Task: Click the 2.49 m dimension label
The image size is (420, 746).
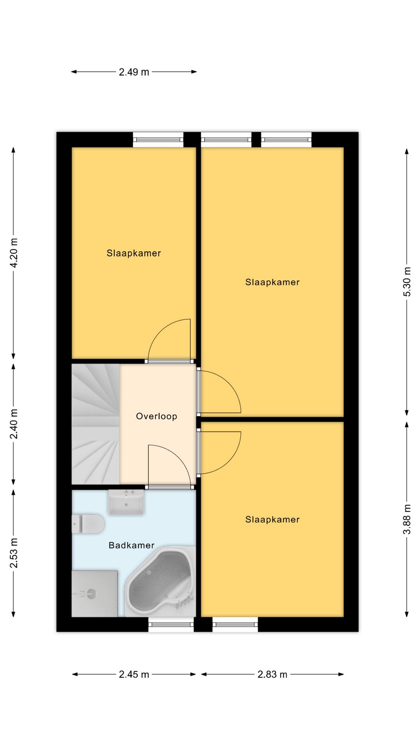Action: pyautogui.click(x=134, y=72)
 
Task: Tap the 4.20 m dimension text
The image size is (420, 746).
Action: pyautogui.click(x=14, y=253)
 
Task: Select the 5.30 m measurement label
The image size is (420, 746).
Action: pyautogui.click(x=407, y=282)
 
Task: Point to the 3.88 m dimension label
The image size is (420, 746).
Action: pyautogui.click(x=407, y=519)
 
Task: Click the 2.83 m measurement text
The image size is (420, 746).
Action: pyautogui.click(x=272, y=674)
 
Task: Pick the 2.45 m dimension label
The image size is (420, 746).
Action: pyautogui.click(x=134, y=674)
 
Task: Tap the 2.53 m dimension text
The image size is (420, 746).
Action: pyautogui.click(x=14, y=553)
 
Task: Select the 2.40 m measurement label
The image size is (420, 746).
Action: pyautogui.click(x=14, y=424)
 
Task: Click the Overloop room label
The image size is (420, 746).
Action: pyautogui.click(x=156, y=416)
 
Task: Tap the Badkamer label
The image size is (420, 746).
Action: pyautogui.click(x=131, y=545)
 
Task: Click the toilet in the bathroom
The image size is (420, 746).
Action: pyautogui.click(x=88, y=524)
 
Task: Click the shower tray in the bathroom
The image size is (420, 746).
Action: pyautogui.click(x=94, y=593)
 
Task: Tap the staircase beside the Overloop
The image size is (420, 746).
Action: pyautogui.click(x=96, y=424)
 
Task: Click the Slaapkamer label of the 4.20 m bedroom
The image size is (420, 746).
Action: pyautogui.click(x=134, y=253)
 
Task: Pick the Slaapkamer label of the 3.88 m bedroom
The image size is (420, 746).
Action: pyautogui.click(x=272, y=519)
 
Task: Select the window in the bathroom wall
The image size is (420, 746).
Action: pyautogui.click(x=171, y=624)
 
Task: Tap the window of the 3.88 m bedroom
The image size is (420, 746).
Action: pyautogui.click(x=235, y=624)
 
